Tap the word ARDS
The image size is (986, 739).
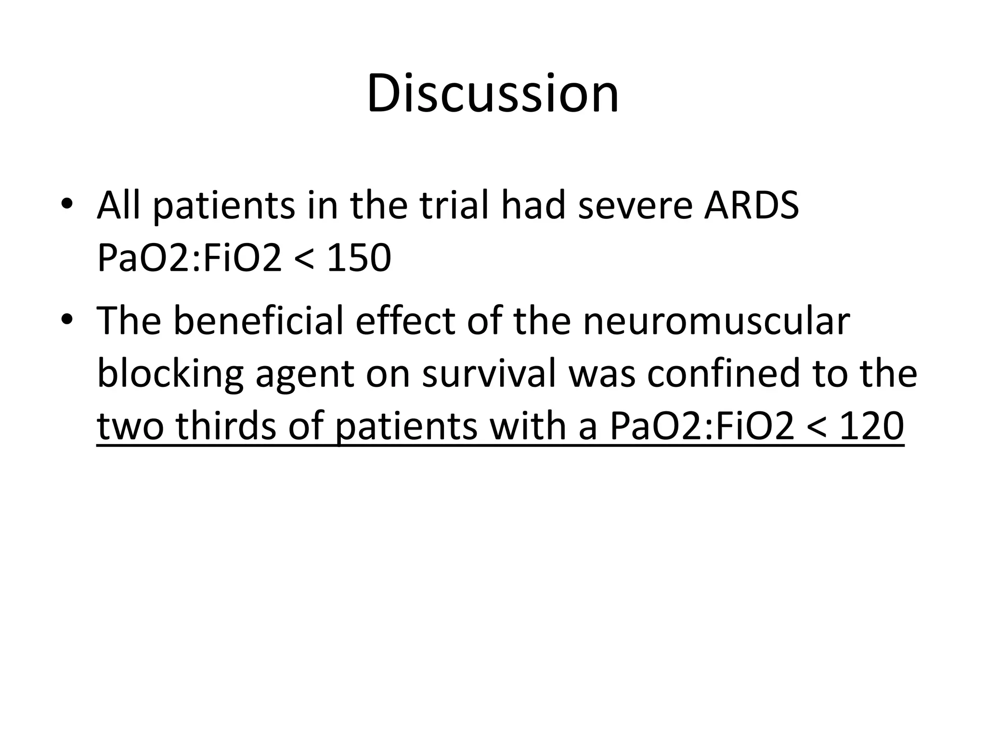tap(751, 206)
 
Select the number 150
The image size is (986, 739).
tap(359, 258)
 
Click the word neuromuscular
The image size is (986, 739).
tap(716, 321)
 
